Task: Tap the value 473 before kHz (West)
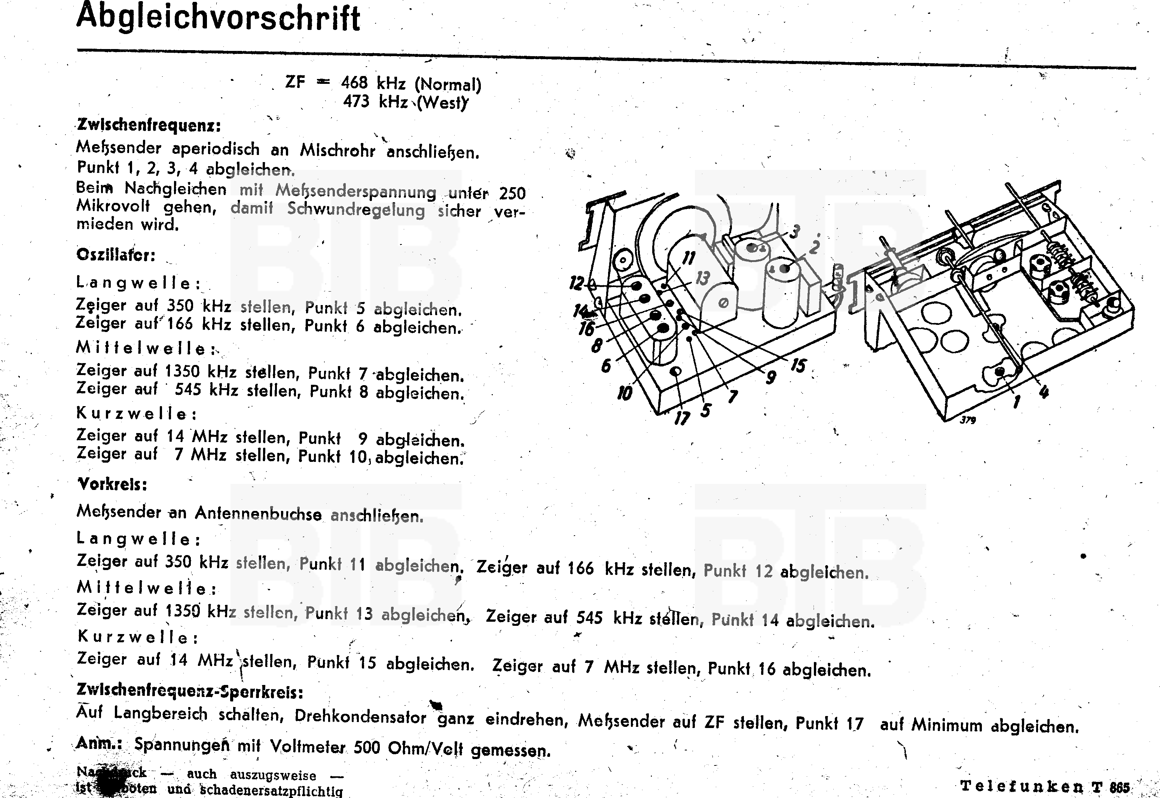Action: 356,101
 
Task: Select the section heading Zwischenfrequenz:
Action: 149,125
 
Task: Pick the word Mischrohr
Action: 338,150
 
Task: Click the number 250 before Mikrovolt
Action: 512,193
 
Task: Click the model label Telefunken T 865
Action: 1044,786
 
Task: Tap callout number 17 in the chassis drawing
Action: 682,417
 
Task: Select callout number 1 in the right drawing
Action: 1016,401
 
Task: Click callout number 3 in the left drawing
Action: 794,231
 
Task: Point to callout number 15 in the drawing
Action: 798,365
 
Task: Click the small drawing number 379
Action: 968,420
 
